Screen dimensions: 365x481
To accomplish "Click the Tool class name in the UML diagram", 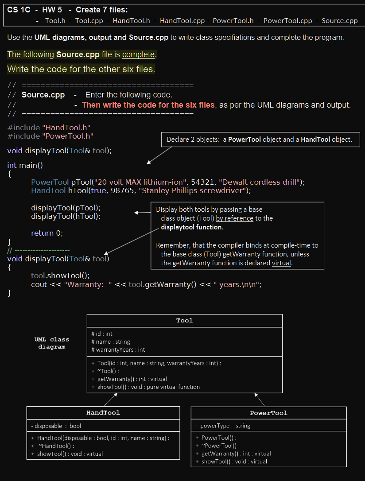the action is click(x=184, y=321).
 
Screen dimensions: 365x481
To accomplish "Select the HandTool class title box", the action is click(x=103, y=413).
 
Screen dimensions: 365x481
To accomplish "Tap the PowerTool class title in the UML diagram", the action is click(x=268, y=413).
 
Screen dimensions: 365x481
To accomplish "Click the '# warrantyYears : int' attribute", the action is click(x=118, y=349).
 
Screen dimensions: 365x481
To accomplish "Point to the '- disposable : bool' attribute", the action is click(x=56, y=426).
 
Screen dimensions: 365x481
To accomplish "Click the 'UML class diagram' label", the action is click(x=52, y=343).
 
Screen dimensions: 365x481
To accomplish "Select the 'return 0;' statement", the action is click(x=47, y=233).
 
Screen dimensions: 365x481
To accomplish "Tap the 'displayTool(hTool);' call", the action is click(x=66, y=216).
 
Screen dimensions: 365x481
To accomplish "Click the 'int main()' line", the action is click(x=25, y=165).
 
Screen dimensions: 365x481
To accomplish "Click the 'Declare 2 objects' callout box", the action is click(x=260, y=140).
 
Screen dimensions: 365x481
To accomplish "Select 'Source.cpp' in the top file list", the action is click(x=339, y=21).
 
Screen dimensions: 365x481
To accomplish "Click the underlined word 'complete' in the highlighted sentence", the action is click(x=138, y=54).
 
